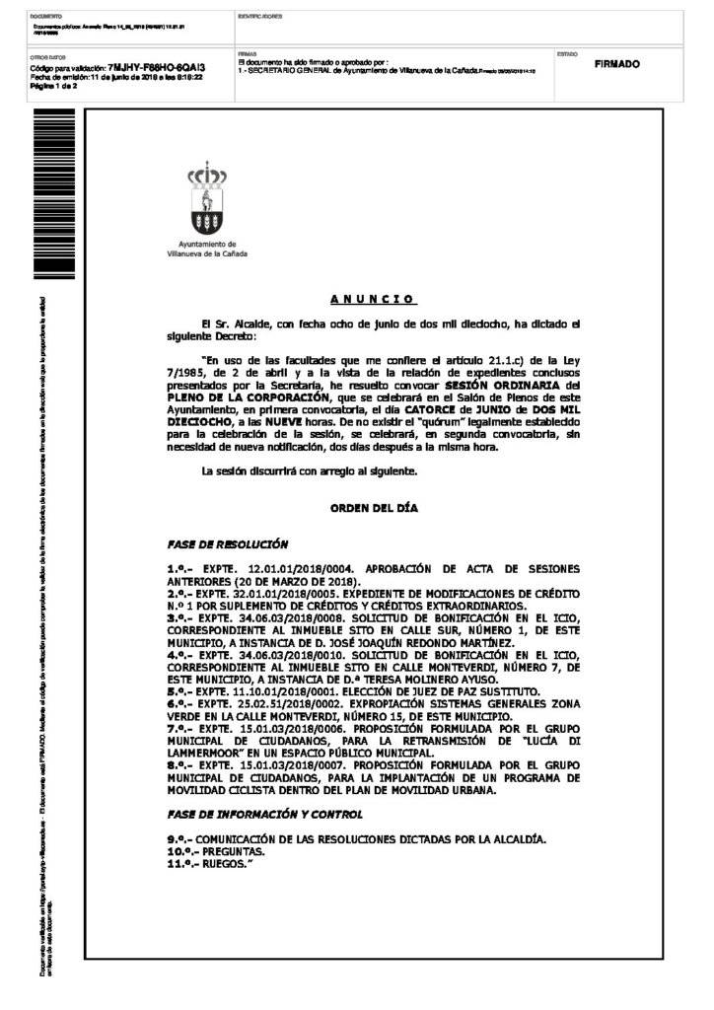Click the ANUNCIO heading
tap(372, 299)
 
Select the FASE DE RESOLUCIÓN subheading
tap(228, 543)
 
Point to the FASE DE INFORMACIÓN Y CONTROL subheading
tap(265, 814)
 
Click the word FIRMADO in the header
tap(617, 64)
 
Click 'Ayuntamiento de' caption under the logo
tap(207, 244)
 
